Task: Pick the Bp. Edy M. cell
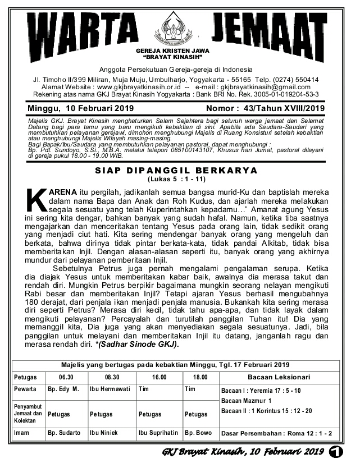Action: click(x=63, y=389)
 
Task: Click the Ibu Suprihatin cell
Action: click(x=158, y=433)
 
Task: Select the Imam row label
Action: click(x=22, y=433)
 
